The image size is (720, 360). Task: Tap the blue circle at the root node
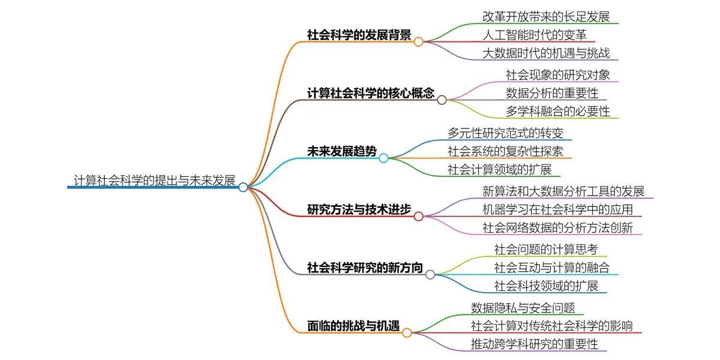coord(243,187)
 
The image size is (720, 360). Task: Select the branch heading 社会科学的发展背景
coord(359,35)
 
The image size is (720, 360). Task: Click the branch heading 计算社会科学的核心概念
coord(370,93)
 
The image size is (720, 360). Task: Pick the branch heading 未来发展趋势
coord(341,151)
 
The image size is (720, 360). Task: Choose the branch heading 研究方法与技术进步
coord(359,209)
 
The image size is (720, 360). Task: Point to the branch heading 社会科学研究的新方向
coord(365,268)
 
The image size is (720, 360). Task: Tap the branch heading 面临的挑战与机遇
coord(353,326)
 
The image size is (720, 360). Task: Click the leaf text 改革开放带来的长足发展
coord(546,16)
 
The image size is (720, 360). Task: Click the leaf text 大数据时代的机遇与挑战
coord(546,53)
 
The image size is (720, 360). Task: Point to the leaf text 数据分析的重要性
coord(552,93)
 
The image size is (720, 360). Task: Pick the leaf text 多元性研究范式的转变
coord(505,133)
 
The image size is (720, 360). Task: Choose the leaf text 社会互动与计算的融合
coord(552,268)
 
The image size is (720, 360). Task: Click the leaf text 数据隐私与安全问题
coord(523,308)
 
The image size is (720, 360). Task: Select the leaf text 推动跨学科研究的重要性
coord(535,344)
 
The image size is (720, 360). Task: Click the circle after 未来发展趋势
coord(383,158)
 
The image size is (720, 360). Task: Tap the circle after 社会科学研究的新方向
coord(430,274)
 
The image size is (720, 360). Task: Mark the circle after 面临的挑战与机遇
coord(407,332)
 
